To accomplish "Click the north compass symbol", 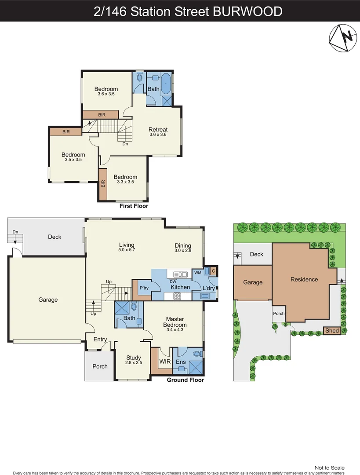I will (342, 38).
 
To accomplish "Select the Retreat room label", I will (158, 129).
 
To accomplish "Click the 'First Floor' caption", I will (134, 206).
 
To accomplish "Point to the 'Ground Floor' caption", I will (185, 380).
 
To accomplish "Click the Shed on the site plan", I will (332, 330).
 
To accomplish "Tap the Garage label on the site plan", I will (253, 282).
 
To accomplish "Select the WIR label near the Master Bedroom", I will (165, 362).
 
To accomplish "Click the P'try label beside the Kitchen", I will (144, 288).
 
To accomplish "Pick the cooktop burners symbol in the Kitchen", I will (177, 296).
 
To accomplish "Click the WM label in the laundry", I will (198, 273).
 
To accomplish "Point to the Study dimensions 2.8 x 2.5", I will (133, 363).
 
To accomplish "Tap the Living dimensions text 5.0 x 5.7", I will (127, 250).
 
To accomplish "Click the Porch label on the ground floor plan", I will (100, 366).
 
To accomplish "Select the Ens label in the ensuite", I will (181, 362).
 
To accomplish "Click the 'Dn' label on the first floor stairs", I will (125, 143).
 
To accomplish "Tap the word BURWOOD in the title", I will (247, 11).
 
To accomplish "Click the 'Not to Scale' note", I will (329, 468).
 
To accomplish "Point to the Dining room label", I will (182, 245).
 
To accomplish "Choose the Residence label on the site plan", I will (304, 279).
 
